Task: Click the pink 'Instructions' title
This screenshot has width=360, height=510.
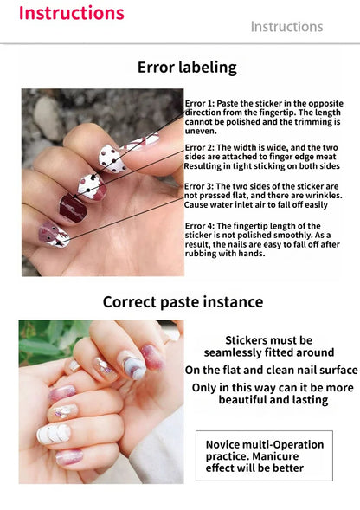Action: coord(71,13)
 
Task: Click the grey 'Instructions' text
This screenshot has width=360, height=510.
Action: coord(286,27)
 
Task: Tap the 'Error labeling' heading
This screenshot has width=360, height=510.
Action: coord(186,68)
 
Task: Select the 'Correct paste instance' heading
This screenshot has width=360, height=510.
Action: coord(183,302)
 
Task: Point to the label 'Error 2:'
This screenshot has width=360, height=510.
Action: coord(201,148)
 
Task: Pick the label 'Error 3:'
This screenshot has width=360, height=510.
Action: coord(200,186)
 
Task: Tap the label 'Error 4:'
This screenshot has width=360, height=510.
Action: coord(201,226)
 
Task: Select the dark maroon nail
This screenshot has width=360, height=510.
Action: coord(71,206)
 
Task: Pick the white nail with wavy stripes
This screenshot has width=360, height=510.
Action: coord(52,433)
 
